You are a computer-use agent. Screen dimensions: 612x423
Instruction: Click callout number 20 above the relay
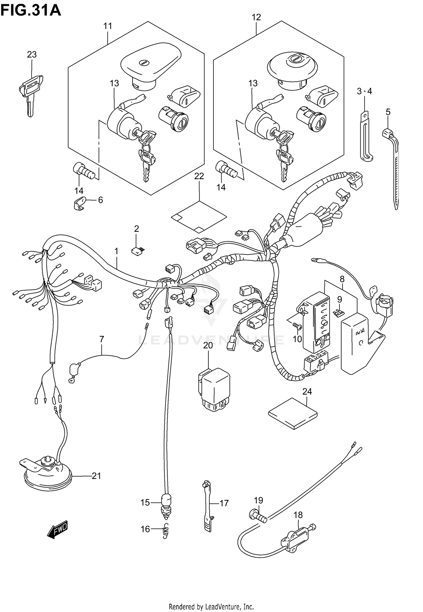click(208, 345)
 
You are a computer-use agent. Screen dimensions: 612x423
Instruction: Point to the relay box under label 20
click(214, 389)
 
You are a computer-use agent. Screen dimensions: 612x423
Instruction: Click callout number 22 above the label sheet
click(199, 176)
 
